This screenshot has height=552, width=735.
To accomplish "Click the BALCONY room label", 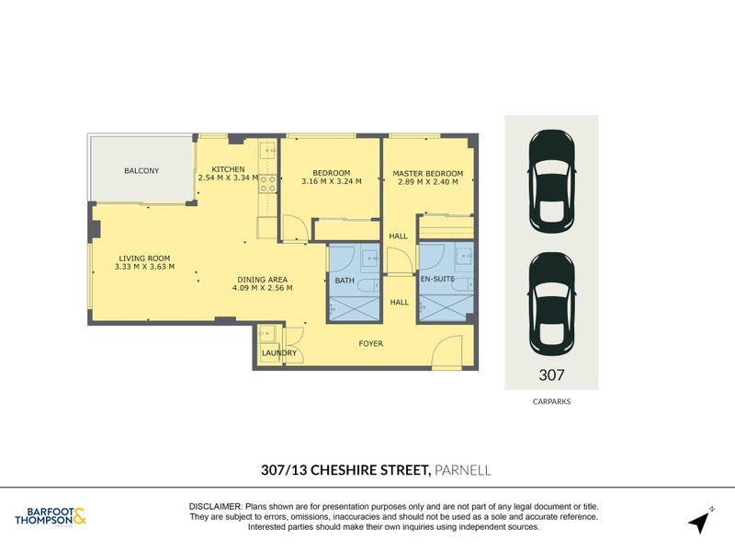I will (141, 171).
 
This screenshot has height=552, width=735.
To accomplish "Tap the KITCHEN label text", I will (228, 170).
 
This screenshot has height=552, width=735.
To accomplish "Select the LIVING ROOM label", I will (144, 259).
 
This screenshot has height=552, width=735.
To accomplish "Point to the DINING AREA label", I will (262, 279).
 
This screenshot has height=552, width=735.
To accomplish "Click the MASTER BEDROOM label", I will (427, 173).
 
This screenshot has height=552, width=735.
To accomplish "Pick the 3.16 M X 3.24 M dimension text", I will (331, 182).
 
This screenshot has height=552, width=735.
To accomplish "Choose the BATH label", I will (345, 280).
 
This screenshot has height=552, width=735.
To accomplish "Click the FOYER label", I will (370, 344).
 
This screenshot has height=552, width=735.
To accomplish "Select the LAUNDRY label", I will (278, 352).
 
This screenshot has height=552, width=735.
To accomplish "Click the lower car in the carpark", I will (551, 303).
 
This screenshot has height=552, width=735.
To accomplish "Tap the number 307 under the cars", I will (551, 375).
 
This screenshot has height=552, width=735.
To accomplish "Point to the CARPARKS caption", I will (551, 401).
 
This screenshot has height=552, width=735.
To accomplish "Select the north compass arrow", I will (701, 520).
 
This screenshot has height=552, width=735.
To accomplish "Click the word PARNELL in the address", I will (463, 470).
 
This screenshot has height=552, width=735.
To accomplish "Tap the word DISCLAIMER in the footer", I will (215, 507).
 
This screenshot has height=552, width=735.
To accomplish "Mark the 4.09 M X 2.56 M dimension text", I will (262, 288).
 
